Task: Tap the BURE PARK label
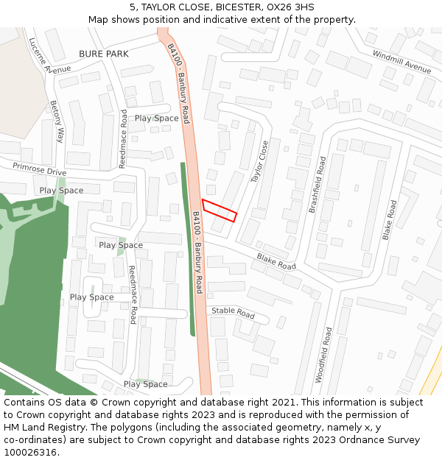click(x=104, y=54)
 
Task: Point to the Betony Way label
click(x=57, y=121)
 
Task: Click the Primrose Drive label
click(x=39, y=170)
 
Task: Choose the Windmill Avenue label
click(x=401, y=62)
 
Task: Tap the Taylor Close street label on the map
click(x=260, y=162)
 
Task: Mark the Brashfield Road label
click(x=318, y=185)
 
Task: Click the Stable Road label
click(x=233, y=313)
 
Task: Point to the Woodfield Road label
click(x=323, y=355)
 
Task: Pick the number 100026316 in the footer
click(x=30, y=453)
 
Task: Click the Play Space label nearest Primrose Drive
click(x=61, y=190)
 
